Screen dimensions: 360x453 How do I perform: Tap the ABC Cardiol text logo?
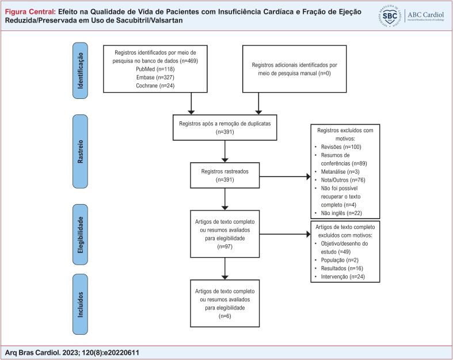(424, 16)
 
